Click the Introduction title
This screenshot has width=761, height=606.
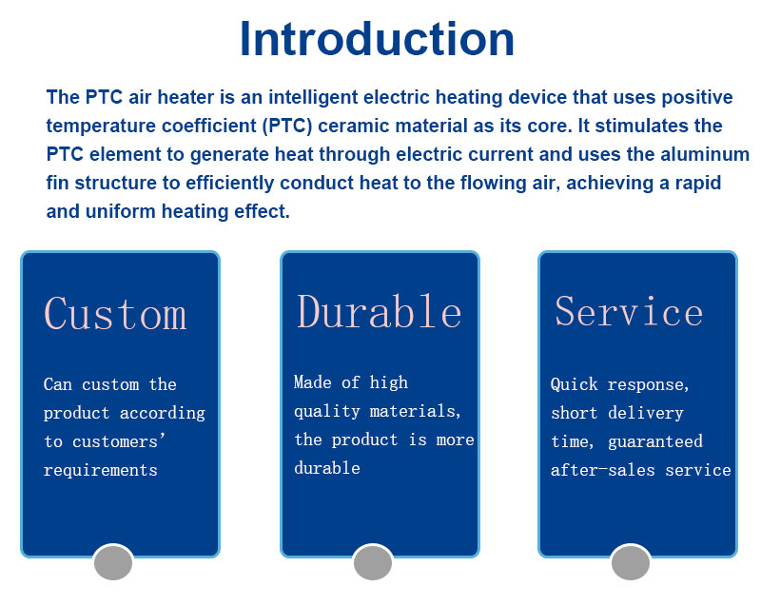[x=377, y=39]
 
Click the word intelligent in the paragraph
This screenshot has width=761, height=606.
[x=313, y=98]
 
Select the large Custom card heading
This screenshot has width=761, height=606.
[x=115, y=313]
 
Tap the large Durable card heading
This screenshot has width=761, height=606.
[x=379, y=311]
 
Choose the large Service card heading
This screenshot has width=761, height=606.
[x=629, y=311]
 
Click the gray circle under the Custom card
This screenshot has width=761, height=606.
[x=113, y=562]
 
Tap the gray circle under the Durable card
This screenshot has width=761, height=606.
[x=373, y=562]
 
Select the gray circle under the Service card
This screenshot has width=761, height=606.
[x=631, y=562]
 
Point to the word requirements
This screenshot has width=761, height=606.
[x=101, y=470]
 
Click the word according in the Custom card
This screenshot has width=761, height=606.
[x=162, y=413]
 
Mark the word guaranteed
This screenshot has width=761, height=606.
[x=655, y=441]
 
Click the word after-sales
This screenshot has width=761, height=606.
[x=603, y=470]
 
